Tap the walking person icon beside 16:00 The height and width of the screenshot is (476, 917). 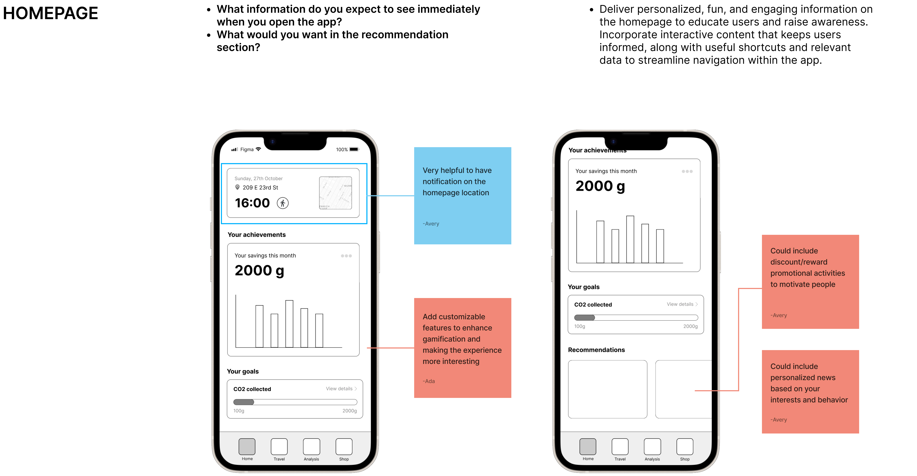tap(283, 203)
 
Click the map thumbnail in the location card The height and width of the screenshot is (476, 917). tap(335, 193)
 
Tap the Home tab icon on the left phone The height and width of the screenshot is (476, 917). tap(247, 446)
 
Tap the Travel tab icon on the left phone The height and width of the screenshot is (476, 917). tap(279, 446)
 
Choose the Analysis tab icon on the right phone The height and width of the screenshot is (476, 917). tap(652, 446)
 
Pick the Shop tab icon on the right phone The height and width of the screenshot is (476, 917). tap(685, 446)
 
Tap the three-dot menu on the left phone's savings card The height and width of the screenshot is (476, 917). tap(346, 256)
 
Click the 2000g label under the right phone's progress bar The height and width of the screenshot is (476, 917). tap(690, 326)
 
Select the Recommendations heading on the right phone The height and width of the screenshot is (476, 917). tap(596, 350)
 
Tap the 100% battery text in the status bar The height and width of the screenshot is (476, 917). tap(342, 150)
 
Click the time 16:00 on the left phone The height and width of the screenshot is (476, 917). tap(252, 203)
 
